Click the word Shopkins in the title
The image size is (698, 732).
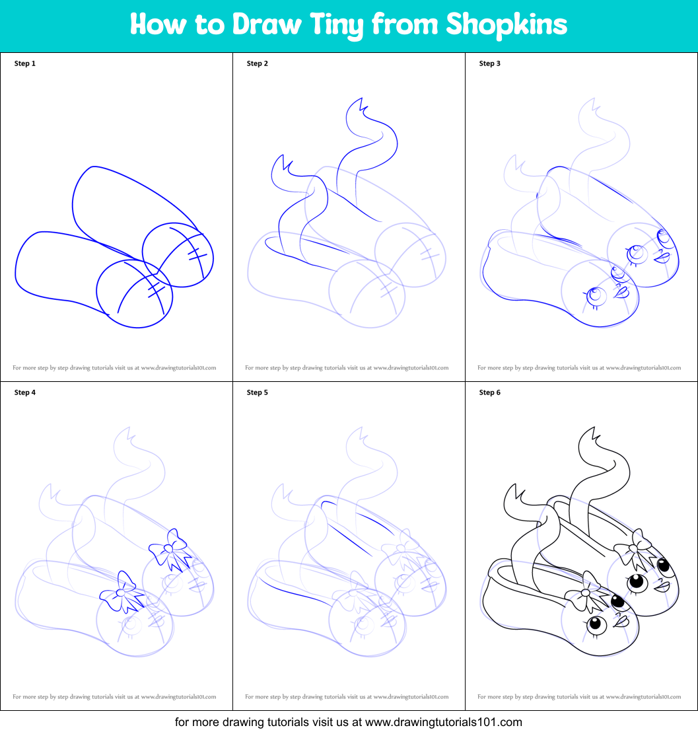[506, 24]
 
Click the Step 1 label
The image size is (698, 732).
[25, 63]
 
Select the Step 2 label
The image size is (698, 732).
[258, 63]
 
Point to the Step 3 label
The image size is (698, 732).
[490, 63]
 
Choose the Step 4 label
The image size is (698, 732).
[25, 392]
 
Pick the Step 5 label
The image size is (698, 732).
[258, 392]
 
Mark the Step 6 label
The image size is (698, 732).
[490, 392]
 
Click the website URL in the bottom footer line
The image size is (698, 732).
[443, 721]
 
